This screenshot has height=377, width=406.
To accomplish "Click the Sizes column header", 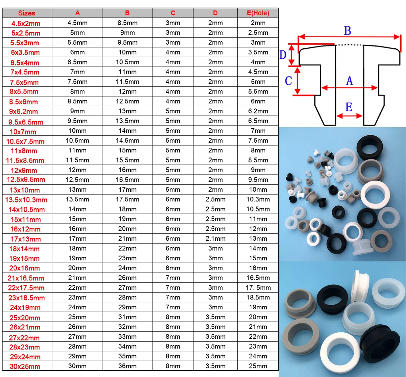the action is (27, 13).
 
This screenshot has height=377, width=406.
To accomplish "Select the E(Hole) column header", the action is (258, 13).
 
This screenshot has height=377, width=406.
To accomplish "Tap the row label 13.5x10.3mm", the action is (27, 200).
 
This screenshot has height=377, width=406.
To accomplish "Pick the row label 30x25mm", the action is (27, 366).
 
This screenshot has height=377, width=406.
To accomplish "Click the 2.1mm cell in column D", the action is (216, 239).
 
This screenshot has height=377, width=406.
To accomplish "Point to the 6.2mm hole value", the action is (258, 111).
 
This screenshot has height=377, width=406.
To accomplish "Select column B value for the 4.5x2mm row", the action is (127, 23).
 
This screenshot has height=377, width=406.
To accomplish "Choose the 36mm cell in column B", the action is (127, 366).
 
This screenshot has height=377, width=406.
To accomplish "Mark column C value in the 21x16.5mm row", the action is (173, 278).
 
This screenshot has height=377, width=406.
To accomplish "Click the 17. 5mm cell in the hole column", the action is (258, 288).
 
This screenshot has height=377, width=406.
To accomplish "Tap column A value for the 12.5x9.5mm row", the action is (77, 180).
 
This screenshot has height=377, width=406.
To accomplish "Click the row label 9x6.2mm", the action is (27, 112).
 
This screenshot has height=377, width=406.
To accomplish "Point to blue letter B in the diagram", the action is (347, 31).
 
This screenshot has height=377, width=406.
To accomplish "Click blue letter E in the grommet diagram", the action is (349, 107).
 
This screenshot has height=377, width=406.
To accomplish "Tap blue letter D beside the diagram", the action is (283, 55).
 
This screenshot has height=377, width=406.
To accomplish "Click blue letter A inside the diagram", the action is (349, 81).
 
